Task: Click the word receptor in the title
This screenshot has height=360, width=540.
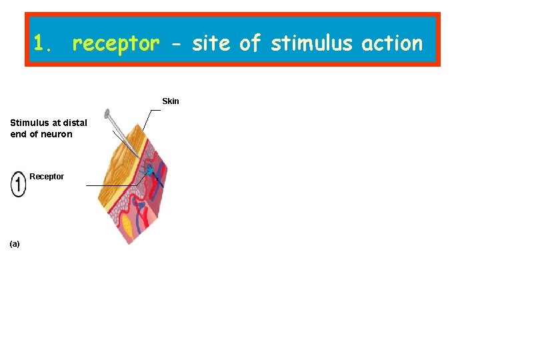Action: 116,44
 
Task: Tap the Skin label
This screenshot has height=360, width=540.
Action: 171,101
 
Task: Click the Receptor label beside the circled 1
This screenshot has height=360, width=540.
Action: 47,177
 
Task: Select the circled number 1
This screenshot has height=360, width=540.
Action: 18,185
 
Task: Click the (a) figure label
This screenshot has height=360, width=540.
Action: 15,244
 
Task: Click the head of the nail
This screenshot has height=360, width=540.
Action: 107,113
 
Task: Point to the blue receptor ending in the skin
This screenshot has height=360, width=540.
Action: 150,172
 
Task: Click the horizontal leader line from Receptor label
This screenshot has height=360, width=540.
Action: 110,185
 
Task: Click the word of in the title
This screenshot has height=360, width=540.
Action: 250,43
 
